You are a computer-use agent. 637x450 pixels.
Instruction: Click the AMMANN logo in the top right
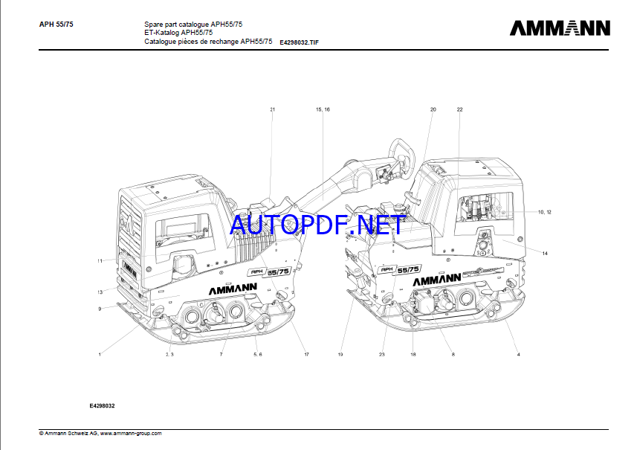tap(560, 28)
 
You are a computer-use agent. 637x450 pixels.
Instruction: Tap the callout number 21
tap(273, 109)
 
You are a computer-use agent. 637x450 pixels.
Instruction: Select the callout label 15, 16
tap(323, 109)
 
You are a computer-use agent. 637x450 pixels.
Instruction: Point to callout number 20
tap(433, 109)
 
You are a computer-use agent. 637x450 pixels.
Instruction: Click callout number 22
tap(459, 109)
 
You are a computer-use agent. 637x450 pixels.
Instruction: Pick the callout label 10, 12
tap(545, 212)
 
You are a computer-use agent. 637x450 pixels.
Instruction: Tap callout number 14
tap(545, 254)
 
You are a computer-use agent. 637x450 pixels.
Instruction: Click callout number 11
tap(99, 261)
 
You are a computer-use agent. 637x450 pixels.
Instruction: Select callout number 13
tap(99, 292)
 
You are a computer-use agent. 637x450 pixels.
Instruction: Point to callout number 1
tap(99, 355)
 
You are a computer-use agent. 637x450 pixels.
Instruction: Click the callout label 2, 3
tap(169, 355)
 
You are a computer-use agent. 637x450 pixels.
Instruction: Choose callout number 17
tap(306, 355)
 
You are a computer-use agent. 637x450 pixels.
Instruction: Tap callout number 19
tap(340, 355)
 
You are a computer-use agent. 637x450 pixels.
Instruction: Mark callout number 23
tap(382, 355)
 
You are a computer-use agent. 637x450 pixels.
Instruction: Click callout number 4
tap(518, 355)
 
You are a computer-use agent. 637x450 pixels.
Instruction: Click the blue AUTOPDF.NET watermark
tap(317, 223)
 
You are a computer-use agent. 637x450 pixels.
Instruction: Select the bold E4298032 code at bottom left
tap(103, 406)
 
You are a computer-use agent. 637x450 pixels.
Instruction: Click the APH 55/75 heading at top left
tap(56, 24)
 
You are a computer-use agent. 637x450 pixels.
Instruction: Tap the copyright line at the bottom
tap(100, 433)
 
